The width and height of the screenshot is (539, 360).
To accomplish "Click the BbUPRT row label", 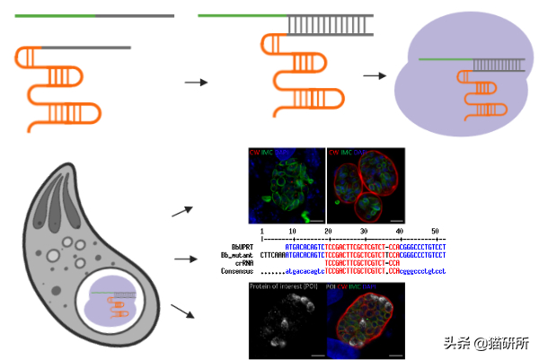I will coord(241,245).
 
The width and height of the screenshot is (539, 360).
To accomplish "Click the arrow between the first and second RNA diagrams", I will coord(196,82).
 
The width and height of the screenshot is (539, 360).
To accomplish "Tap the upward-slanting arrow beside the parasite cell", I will coord(182,212).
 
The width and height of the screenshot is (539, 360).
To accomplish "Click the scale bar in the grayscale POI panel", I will coord(315,354).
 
